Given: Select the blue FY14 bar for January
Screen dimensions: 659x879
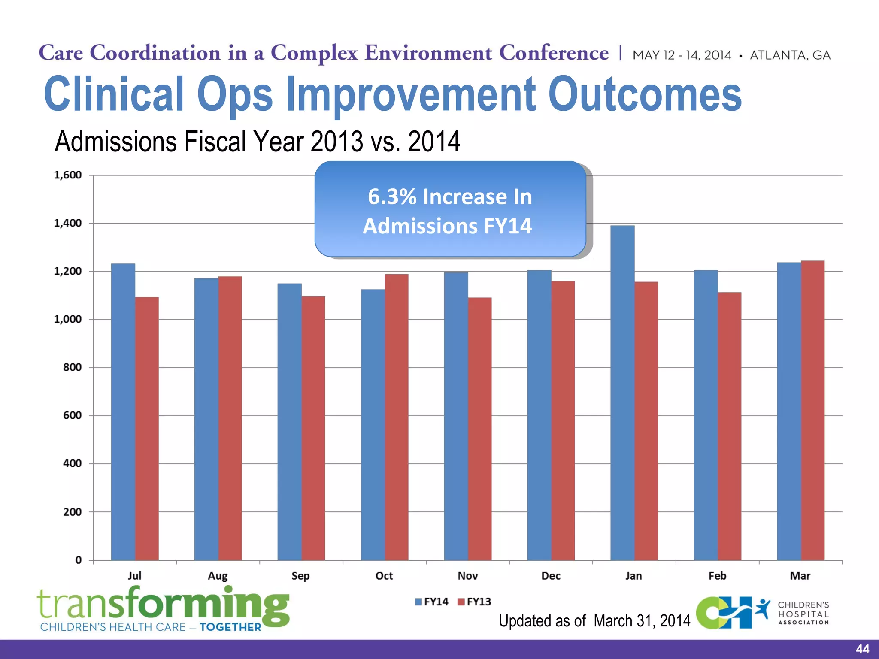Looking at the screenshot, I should coord(622,393).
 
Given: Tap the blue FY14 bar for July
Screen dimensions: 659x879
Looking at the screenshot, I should coord(123,412).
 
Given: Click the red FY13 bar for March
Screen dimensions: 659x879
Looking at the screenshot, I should coord(812,410).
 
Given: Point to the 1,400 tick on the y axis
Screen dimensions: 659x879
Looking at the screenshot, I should coord(68,223).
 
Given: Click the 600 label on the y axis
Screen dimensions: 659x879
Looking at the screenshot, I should coord(72,415).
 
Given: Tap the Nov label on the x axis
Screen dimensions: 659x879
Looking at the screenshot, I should coord(467,576).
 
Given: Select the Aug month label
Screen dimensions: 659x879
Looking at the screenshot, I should coord(218,576).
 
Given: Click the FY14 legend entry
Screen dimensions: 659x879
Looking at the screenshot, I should coord(432,602).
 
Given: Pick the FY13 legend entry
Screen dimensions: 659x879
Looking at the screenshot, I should coord(475,602).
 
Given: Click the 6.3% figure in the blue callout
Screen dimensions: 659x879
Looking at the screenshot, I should coord(392,197).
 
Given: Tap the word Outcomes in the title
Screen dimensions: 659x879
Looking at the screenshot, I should coord(645,94).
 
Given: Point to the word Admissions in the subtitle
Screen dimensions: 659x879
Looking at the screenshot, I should coord(116,142).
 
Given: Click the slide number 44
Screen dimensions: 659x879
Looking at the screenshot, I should coord(862,649).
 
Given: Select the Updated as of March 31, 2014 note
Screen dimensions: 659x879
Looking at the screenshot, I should coord(594,621).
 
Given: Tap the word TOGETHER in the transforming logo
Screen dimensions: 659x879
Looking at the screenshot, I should coord(230,627).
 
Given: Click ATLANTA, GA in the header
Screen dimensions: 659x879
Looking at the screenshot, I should coord(790,55).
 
